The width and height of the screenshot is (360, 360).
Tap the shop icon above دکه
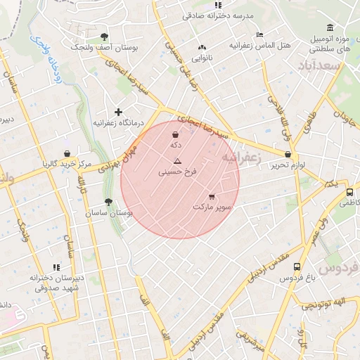tap(174, 134)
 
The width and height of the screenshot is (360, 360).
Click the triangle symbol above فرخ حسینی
tap(177, 161)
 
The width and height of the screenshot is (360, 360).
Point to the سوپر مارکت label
tap(213, 207)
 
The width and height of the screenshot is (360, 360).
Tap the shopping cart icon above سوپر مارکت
tap(212, 197)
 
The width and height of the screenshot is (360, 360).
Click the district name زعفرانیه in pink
tap(241, 157)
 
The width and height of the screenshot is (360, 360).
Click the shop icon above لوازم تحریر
tap(288, 155)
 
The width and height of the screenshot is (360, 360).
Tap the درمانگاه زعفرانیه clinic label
tap(118, 122)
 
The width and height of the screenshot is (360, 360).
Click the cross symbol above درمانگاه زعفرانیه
tap(118, 112)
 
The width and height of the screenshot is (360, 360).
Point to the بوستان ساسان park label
tap(109, 212)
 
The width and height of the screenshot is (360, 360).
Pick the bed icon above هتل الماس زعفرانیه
tap(259, 34)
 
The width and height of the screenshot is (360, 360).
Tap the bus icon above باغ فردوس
tap(297, 267)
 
